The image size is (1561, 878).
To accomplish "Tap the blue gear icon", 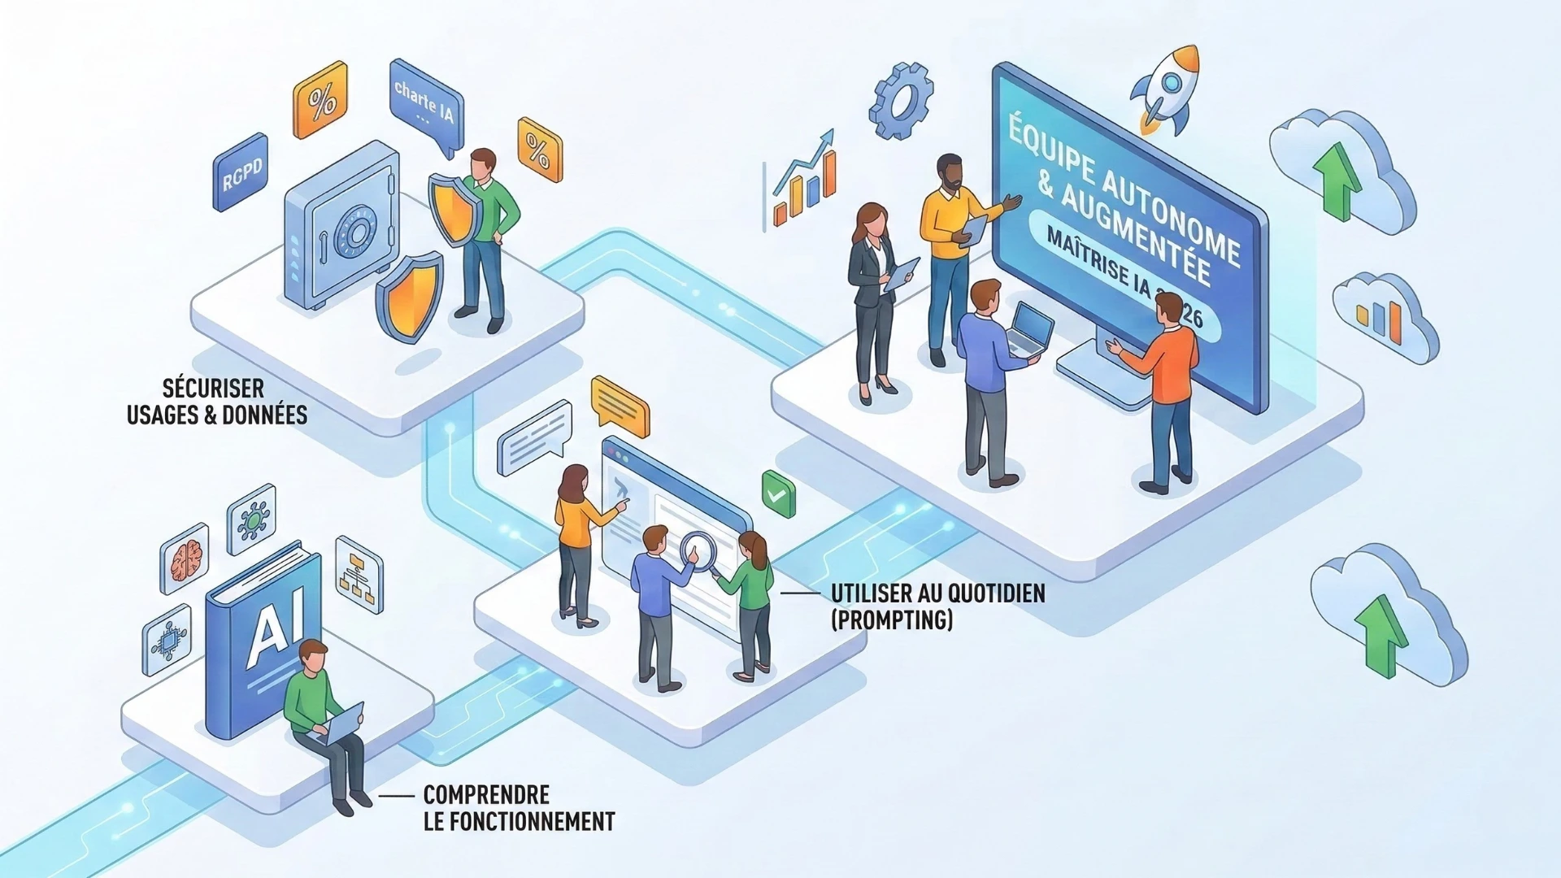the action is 900,102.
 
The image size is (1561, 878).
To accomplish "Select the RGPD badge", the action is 241,172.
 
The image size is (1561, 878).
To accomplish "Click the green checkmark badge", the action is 778,493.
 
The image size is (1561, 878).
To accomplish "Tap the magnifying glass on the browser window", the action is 696,550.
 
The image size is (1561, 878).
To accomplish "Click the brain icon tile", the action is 185,558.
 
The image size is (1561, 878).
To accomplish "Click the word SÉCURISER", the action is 213,388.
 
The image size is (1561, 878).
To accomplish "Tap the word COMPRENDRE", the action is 486,794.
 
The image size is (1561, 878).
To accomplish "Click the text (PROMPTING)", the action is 891,620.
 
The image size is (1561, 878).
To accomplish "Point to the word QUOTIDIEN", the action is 995,593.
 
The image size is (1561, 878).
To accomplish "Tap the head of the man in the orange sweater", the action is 1168,309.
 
